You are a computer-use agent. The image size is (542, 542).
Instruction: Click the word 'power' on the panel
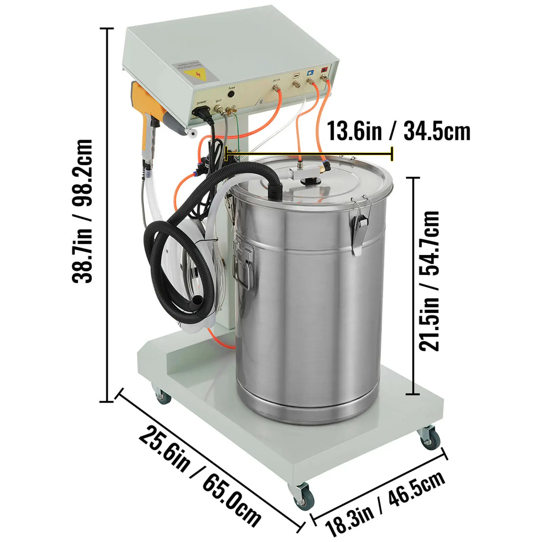pos(202,102)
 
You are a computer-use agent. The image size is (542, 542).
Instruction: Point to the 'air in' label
pos(276,80)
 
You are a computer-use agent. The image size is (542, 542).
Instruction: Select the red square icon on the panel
pos(325,70)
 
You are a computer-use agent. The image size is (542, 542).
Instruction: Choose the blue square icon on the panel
pos(310,72)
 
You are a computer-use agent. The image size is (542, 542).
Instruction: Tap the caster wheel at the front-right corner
pos(430,439)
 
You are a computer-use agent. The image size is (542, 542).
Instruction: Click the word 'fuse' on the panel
pos(232,88)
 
